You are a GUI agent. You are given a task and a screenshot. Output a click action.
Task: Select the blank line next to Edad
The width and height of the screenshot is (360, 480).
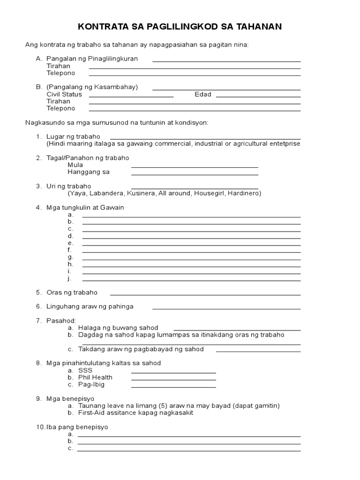click(258, 97)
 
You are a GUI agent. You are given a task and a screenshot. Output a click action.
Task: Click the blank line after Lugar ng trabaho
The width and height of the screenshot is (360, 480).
click(205, 139)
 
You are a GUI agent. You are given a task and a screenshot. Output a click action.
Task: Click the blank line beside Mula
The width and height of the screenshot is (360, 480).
click(195, 167)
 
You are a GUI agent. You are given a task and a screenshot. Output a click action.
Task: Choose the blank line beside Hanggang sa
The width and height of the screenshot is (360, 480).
click(195, 174)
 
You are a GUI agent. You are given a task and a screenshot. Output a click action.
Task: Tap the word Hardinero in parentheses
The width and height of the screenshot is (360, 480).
click(243, 193)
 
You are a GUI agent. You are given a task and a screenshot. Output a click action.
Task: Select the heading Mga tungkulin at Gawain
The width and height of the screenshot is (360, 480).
click(85, 207)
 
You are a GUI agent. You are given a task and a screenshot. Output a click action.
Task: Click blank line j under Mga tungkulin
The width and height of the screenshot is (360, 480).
click(191, 280)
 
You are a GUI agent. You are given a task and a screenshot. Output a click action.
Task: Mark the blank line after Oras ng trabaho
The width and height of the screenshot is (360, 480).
click(205, 294)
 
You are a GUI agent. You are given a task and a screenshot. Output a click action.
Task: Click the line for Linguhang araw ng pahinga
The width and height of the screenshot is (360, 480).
click(226, 308)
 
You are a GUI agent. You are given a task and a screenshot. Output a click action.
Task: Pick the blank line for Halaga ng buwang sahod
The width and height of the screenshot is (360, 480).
click(237, 330)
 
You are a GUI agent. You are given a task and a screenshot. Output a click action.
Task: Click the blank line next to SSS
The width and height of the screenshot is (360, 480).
click(173, 373)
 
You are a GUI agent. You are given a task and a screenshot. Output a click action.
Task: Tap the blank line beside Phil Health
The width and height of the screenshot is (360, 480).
click(173, 380)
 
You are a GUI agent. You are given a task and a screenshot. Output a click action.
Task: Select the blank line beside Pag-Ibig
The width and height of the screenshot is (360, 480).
click(173, 387)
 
